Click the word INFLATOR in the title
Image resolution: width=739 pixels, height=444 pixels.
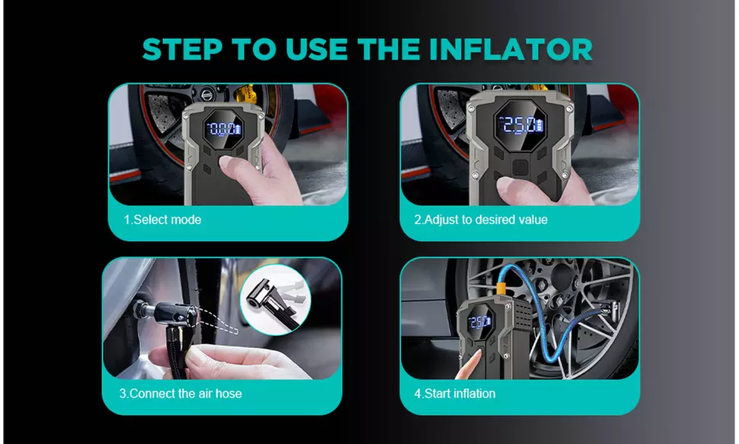511,50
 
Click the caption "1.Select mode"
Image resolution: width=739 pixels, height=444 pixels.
162,220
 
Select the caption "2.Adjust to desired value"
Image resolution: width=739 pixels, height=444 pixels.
481,220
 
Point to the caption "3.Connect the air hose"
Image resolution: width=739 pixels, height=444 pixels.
181,394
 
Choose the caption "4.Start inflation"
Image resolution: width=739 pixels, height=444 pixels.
455,394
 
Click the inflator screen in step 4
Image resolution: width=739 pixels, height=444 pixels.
480,322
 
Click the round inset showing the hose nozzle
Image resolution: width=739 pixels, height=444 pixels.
276,300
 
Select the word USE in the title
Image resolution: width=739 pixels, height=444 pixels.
316,50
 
